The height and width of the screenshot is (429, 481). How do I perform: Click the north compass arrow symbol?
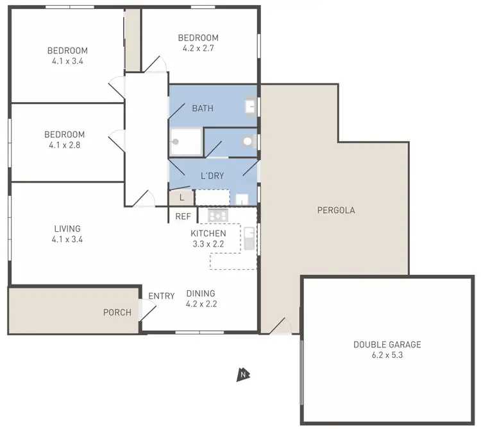click(242, 374)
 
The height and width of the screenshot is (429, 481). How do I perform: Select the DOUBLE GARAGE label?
click(387, 344)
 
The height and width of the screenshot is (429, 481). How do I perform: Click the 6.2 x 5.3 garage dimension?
click(387, 355)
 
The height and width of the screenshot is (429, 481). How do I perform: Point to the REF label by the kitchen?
click(183, 217)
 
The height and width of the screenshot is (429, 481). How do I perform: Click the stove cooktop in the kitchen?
click(219, 215)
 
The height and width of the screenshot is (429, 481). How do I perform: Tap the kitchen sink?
click(249, 239)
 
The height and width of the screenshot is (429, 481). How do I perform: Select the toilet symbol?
click(248, 141)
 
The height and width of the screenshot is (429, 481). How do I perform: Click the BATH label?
click(203, 109)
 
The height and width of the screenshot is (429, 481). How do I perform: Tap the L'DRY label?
click(212, 175)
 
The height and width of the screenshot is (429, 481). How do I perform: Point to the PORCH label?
click(117, 313)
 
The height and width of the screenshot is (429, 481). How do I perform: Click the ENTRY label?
click(161, 296)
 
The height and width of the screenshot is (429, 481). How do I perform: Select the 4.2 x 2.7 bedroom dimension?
click(198, 48)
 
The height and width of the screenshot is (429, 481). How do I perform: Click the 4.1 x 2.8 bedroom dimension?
click(64, 145)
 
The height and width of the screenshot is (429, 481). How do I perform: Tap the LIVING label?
click(67, 229)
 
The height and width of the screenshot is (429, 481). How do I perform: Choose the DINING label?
click(201, 293)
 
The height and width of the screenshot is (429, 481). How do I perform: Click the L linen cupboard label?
click(181, 198)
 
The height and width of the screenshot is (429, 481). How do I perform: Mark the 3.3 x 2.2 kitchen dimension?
click(208, 244)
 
